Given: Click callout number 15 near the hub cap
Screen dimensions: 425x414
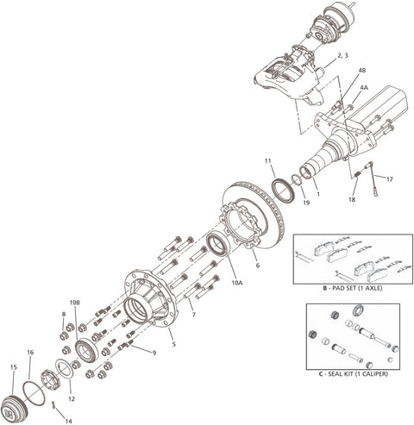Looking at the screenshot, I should click(x=13, y=368).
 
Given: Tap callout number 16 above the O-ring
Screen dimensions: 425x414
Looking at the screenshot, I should click(x=30, y=353).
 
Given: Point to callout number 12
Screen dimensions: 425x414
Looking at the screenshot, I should click(x=72, y=398).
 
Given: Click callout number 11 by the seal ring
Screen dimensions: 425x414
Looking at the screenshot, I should click(x=269, y=160).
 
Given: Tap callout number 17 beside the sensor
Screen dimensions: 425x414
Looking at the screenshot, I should click(x=390, y=179).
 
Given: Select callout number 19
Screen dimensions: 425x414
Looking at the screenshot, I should click(x=306, y=203).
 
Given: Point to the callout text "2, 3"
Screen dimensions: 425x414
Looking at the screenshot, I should click(x=342, y=55).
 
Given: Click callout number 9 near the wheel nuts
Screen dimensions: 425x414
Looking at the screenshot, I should click(x=154, y=353).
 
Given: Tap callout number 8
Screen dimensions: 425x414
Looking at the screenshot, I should click(x=63, y=314).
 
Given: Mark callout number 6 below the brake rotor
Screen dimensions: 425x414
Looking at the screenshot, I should click(x=256, y=254).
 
